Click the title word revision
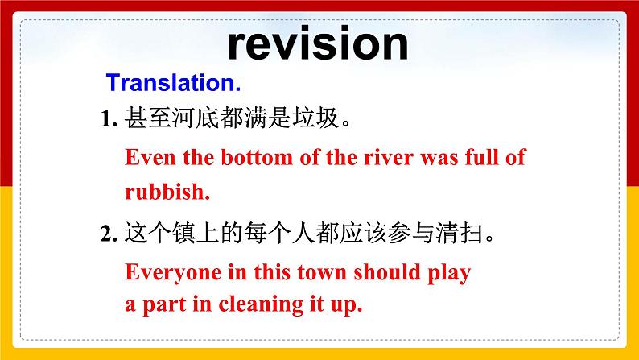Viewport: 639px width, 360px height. pos(318,43)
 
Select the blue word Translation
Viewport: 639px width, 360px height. pos(174,83)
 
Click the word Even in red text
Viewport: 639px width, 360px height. pos(148,156)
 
